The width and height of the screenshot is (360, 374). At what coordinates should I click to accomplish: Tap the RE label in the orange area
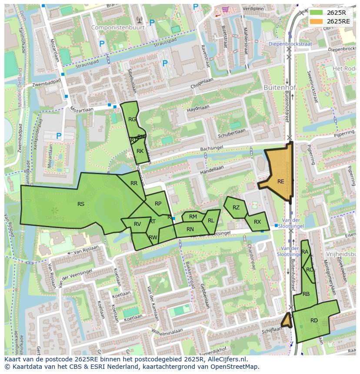click(280, 182)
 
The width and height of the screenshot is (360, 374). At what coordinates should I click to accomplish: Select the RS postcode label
click(81, 204)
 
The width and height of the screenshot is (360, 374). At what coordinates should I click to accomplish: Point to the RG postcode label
click(132, 119)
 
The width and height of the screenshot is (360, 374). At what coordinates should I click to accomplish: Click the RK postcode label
click(140, 151)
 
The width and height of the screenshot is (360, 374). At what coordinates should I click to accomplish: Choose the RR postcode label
click(134, 183)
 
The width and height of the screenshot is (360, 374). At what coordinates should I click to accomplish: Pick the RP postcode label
click(158, 204)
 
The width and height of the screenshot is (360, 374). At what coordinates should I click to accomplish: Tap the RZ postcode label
click(236, 208)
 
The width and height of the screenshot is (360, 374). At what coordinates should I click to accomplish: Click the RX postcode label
click(257, 222)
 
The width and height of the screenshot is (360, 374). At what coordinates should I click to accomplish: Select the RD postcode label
click(314, 321)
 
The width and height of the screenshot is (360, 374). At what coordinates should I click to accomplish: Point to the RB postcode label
click(306, 294)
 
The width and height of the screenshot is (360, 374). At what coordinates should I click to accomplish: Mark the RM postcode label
click(193, 217)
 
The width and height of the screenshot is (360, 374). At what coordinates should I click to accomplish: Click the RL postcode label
click(211, 221)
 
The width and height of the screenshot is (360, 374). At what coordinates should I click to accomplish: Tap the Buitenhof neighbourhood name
click(280, 87)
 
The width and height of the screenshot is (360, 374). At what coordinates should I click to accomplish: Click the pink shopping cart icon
click(225, 9)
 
